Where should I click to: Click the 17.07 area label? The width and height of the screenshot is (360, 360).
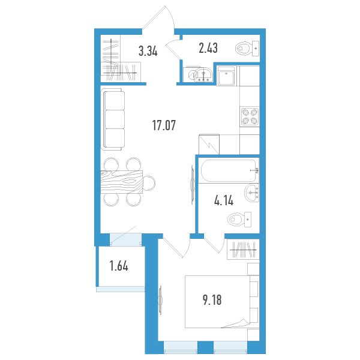[x=164, y=125]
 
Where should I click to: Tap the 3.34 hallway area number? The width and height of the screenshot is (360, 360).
[x=148, y=51]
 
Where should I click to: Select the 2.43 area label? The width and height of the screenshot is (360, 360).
[x=208, y=48]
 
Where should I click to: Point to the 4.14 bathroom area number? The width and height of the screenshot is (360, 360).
[x=224, y=200]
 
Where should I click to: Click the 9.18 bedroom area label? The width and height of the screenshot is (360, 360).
[x=212, y=300]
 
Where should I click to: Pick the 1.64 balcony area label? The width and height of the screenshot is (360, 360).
[x=119, y=266]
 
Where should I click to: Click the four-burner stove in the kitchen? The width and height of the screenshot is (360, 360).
[x=250, y=116]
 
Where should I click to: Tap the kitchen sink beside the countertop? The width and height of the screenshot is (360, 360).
[x=226, y=76]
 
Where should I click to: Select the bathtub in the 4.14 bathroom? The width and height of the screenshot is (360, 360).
[x=229, y=170]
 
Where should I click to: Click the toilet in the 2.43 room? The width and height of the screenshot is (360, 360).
[x=247, y=49]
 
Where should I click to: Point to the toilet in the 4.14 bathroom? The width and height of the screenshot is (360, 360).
[x=239, y=220]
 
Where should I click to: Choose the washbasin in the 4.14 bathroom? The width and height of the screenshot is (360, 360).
[x=252, y=193]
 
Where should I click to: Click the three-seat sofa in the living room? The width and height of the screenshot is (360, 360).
[x=113, y=119]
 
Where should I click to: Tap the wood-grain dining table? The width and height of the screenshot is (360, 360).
[x=121, y=182]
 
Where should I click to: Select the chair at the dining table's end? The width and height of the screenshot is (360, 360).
[x=149, y=183]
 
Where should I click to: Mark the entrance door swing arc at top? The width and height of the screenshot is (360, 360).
[x=170, y=17]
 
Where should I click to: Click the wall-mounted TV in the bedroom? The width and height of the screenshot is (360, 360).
[x=160, y=300]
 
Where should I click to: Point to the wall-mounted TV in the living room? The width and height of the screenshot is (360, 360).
[x=193, y=185]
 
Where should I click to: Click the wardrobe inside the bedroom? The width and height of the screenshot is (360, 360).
[x=243, y=250]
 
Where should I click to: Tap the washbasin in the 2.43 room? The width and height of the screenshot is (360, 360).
[x=203, y=75]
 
